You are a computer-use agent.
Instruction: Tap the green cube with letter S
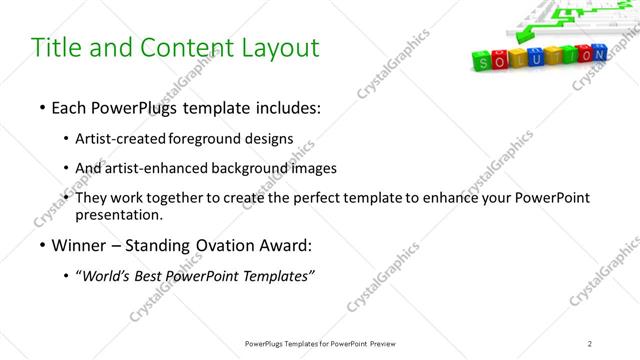(x=480, y=63)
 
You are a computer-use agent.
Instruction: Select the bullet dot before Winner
(x=41, y=245)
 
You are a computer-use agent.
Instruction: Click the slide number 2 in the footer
(x=590, y=343)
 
